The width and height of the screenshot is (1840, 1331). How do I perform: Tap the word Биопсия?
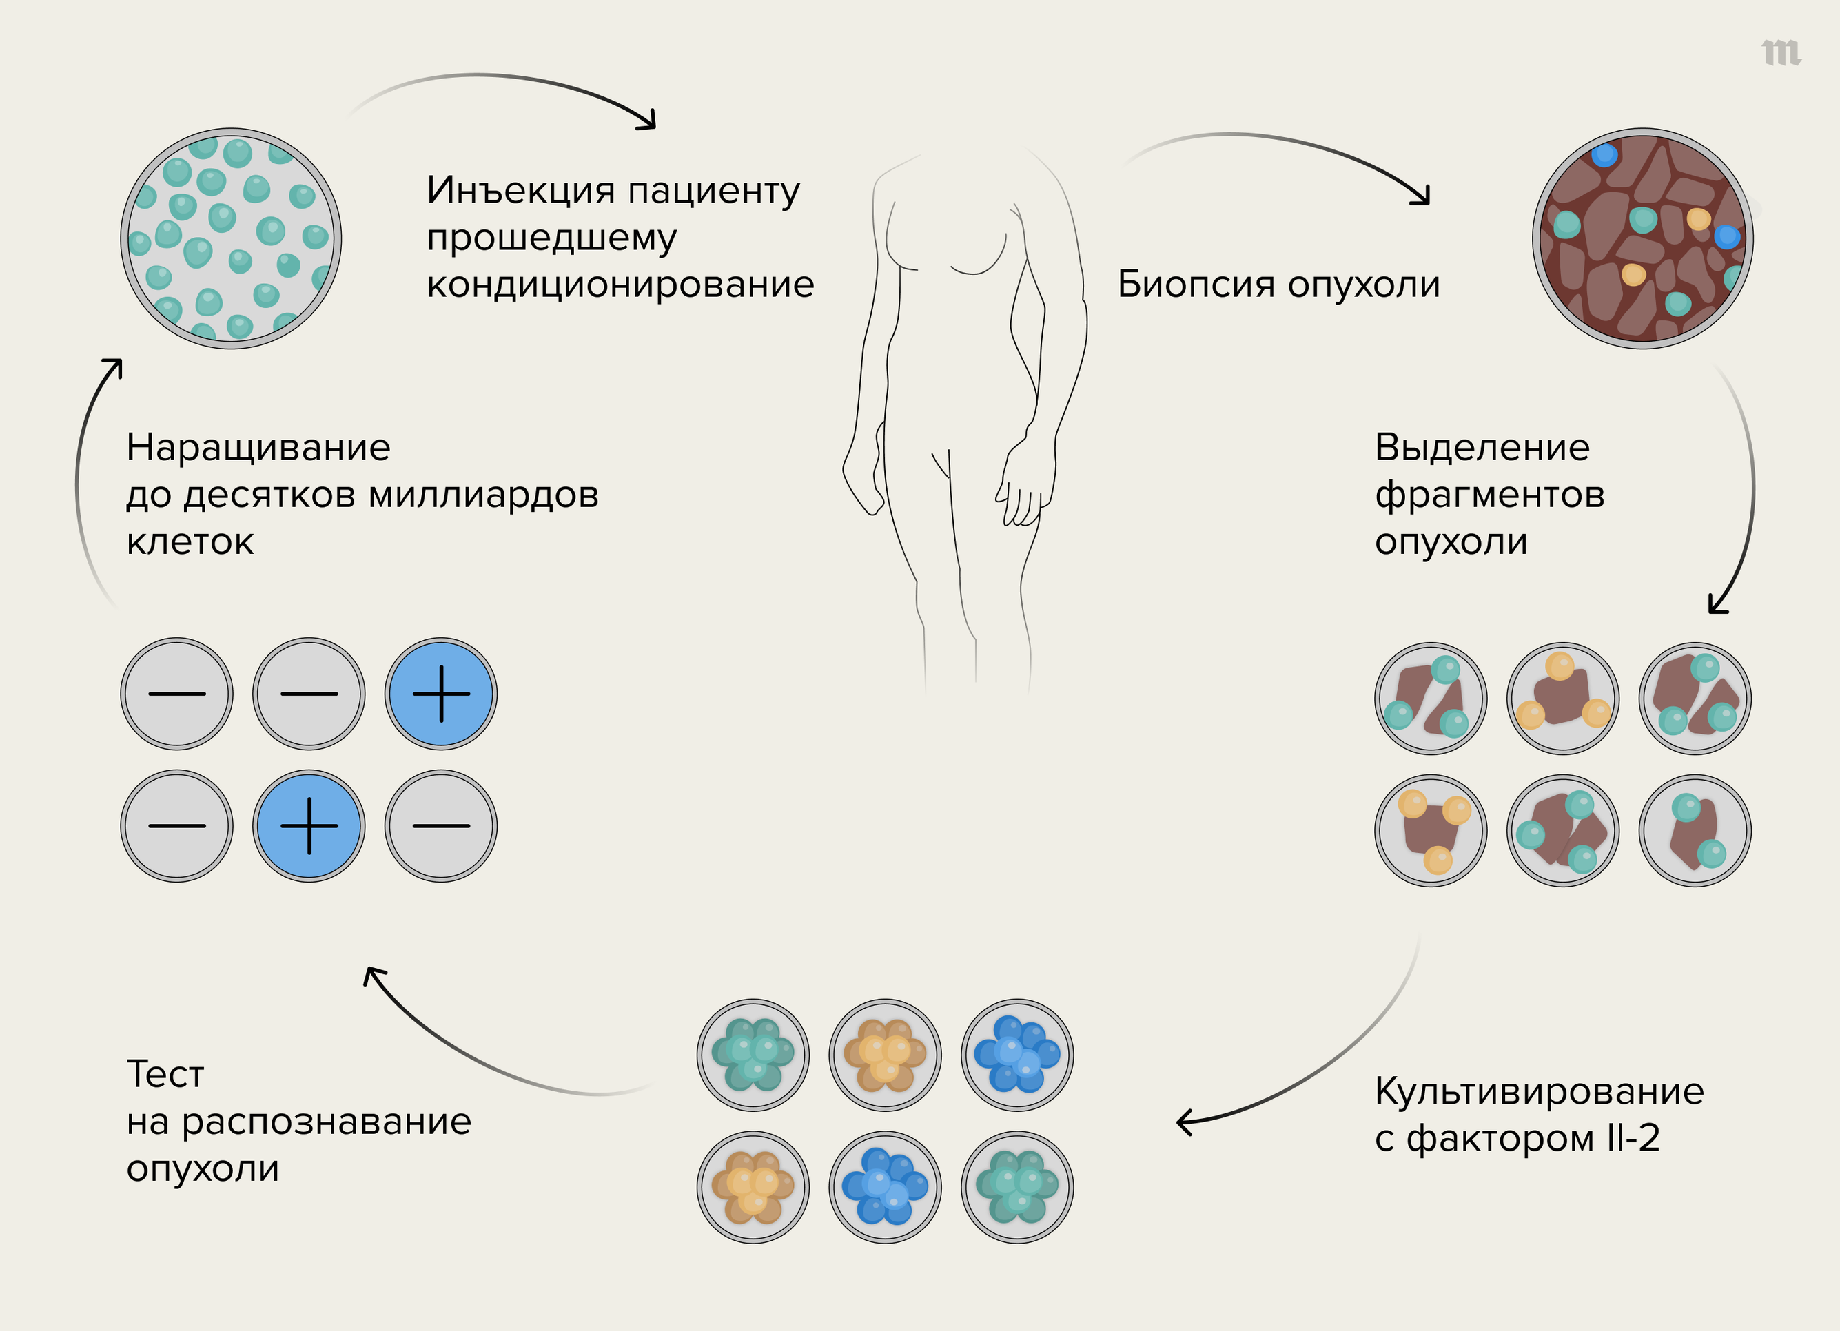[x=1196, y=285]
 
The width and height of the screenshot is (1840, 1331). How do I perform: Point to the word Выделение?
[x=1482, y=448]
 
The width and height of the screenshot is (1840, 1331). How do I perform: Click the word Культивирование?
[x=1538, y=1092]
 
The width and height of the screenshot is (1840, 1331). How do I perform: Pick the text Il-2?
[x=1633, y=1139]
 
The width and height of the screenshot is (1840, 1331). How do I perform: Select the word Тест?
[x=165, y=1075]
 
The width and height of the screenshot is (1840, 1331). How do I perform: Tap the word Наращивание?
[x=258, y=448]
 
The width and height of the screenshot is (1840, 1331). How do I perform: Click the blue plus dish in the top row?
[x=440, y=694]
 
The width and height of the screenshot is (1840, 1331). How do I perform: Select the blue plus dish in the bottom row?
[x=309, y=826]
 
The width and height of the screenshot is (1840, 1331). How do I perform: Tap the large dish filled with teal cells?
[x=232, y=238]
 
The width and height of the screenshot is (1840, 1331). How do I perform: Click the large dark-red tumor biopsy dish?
[x=1642, y=238]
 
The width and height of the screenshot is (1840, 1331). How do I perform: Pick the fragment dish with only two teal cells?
[x=1695, y=831]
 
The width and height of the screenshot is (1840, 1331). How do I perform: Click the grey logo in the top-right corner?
[x=1781, y=53]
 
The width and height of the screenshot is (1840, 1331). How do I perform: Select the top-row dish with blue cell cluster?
[x=1016, y=1055]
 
